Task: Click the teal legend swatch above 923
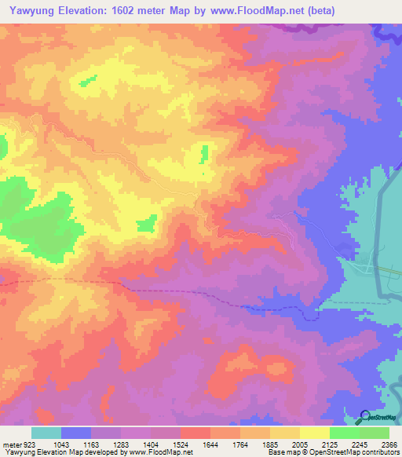pyautogui.click(x=46, y=433)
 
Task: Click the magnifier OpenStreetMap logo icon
pyautogui.click(x=366, y=418)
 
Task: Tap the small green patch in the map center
pyautogui.click(x=205, y=154)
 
